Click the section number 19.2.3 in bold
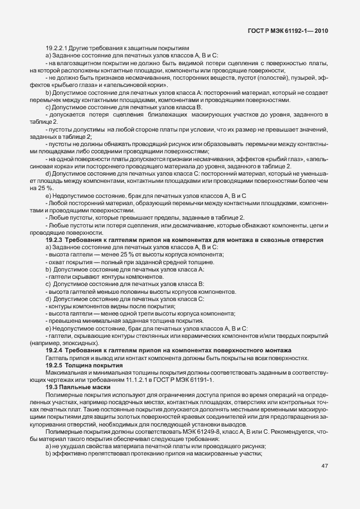tap(55, 240)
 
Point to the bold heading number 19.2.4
tap(55, 349)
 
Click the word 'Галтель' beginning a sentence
tap(56, 358)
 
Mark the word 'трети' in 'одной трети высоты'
tap(139, 314)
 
